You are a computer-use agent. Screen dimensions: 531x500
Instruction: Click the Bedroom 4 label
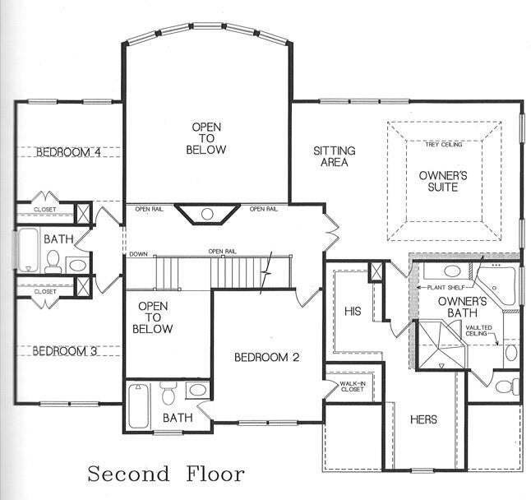[x=68, y=152]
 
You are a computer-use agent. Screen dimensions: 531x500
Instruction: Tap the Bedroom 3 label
[x=65, y=351]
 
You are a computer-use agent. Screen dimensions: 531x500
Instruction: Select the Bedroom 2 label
[x=267, y=357]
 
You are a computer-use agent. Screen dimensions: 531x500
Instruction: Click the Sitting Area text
[x=335, y=156]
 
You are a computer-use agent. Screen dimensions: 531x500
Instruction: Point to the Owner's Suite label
[x=443, y=181]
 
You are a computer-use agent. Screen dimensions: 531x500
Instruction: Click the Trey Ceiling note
[x=444, y=145]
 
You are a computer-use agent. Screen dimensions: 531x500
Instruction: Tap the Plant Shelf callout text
[x=445, y=288]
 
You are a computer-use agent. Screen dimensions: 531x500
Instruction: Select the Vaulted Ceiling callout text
[x=479, y=331]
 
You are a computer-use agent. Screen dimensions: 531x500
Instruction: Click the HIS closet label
[x=353, y=312]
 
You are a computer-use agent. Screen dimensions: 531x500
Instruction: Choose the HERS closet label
[x=423, y=419]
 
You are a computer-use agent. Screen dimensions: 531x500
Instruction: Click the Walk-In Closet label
[x=353, y=387]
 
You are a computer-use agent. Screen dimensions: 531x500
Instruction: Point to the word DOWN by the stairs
[x=139, y=254]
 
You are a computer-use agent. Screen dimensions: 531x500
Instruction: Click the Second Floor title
[x=166, y=474]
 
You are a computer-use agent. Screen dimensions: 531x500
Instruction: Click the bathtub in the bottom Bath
[x=139, y=405]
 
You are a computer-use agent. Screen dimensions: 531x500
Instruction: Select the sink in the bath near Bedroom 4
[x=77, y=265]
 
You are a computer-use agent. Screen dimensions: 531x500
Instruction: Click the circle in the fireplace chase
[x=207, y=214]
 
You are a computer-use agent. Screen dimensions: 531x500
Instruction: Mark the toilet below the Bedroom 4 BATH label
[x=53, y=262]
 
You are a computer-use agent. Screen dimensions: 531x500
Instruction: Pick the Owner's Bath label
[x=462, y=307]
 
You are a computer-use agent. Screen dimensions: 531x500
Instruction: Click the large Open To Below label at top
[x=206, y=138]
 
